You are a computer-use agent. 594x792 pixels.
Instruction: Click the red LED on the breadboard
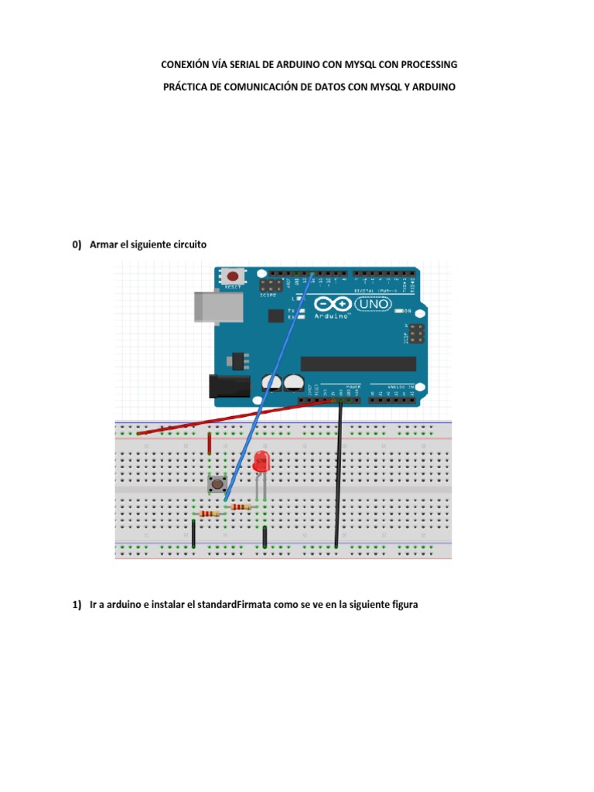click(x=261, y=463)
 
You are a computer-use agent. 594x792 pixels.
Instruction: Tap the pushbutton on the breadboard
click(x=218, y=485)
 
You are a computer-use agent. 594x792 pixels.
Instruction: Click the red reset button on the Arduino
click(x=232, y=276)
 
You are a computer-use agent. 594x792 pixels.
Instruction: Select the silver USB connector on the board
click(x=209, y=306)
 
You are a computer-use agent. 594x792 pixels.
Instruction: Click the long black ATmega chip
click(x=357, y=364)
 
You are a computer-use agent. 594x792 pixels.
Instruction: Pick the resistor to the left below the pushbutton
click(x=208, y=514)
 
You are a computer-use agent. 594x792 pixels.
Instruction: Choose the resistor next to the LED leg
click(x=241, y=507)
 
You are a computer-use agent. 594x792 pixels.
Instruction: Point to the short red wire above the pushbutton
click(x=210, y=444)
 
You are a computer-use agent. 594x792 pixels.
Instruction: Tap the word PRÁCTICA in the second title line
click(x=186, y=87)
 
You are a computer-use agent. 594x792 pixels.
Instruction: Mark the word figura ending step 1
click(x=401, y=605)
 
